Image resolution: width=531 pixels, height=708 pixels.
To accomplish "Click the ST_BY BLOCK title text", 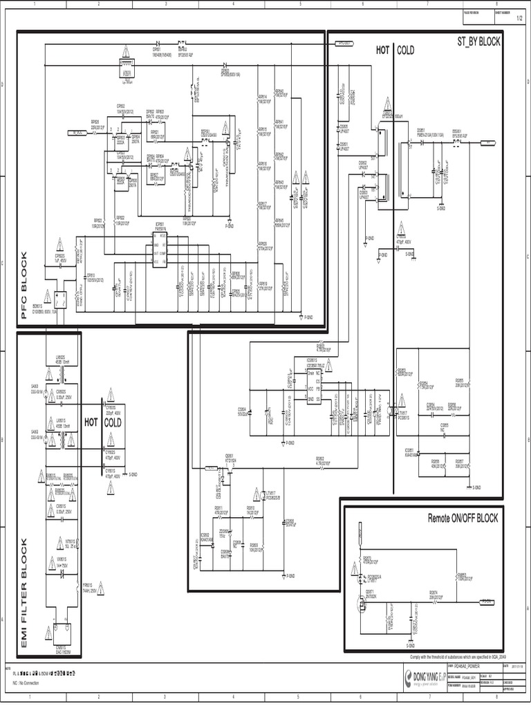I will [x=478, y=42].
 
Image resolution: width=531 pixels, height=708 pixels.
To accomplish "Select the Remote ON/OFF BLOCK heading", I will [x=463, y=518].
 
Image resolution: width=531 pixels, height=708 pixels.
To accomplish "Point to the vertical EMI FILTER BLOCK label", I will [x=24, y=593].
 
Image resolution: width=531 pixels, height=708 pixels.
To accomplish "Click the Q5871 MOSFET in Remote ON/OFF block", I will [x=360, y=605].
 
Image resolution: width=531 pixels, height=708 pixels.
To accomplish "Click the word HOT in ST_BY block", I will [x=383, y=50].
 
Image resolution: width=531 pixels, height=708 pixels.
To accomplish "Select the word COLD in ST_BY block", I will [x=406, y=50].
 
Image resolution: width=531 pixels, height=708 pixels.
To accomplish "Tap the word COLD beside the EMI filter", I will [x=113, y=422].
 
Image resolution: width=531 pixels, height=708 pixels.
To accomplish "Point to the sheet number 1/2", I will [x=519, y=19].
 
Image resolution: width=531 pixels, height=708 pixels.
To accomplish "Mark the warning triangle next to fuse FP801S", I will [x=100, y=589].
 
